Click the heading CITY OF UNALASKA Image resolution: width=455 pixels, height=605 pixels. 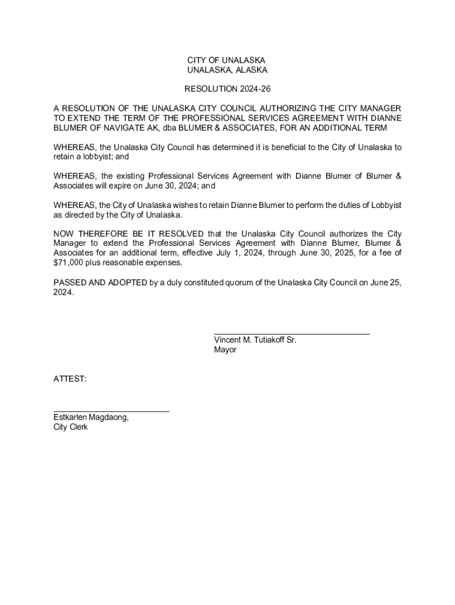click(227, 61)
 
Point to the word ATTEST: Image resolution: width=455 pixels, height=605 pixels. click(70, 379)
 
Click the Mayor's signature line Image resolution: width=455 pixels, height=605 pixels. click(291, 334)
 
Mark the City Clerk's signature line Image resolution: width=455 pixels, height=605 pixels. click(111, 411)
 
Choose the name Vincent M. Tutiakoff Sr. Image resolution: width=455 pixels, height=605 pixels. click(255, 340)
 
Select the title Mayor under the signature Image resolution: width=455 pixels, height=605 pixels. click(225, 350)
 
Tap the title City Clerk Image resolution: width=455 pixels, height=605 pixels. click(70, 427)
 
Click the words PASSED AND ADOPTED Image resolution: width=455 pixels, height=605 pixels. click(100, 282)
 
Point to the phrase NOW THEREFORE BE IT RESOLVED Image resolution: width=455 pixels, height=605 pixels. click(128, 233)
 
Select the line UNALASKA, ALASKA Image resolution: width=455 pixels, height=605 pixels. click(227, 70)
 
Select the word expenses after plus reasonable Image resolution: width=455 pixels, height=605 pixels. click(163, 262)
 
